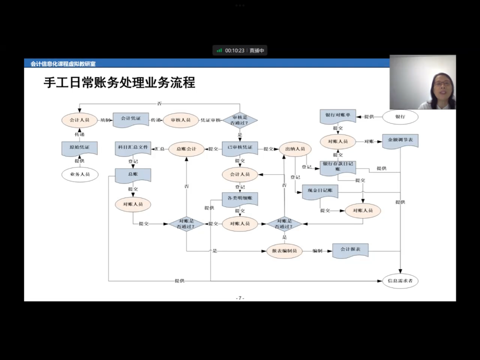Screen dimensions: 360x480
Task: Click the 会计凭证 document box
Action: pos(131,119)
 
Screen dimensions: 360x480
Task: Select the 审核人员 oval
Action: pos(181,120)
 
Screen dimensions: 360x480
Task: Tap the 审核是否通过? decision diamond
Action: pos(240,120)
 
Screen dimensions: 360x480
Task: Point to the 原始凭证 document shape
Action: pos(80,148)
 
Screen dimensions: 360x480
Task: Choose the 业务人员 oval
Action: pos(80,175)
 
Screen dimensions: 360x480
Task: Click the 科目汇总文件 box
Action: pos(133,148)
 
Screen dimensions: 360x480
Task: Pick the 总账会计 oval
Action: pos(186,149)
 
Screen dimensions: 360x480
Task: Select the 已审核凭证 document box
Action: pos(240,148)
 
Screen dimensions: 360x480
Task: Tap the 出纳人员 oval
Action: pos(295,149)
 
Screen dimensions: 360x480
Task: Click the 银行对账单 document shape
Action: pos(338,116)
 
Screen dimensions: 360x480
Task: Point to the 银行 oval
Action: pos(400,117)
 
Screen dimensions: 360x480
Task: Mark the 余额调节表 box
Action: pos(400,141)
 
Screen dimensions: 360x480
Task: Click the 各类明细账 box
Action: pos(240,199)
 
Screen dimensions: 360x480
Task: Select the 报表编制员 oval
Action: pos(284,251)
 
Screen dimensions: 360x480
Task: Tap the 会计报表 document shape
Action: pos(350,250)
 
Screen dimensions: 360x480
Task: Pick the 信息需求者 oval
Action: pos(400,281)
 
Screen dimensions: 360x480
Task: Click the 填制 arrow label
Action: pos(105,120)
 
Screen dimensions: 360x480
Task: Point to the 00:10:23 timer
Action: pos(235,51)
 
